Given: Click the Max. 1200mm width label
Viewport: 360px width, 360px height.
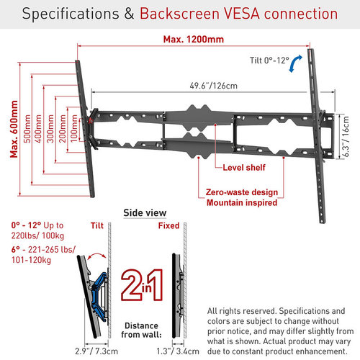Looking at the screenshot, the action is [194, 40].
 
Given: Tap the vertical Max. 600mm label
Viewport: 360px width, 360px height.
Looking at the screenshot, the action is [14, 129].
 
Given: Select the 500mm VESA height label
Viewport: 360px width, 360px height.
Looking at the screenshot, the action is [27, 129].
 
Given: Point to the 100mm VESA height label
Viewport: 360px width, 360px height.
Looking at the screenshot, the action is [74, 129].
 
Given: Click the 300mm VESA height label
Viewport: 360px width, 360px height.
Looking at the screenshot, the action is [50, 129].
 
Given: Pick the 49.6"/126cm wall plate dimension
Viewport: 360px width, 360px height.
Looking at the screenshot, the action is [213, 86].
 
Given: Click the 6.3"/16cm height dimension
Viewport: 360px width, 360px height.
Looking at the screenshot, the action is [346, 136].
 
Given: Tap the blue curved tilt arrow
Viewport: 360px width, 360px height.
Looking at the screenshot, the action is [295, 63].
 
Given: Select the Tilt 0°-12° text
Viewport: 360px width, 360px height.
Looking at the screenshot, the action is [269, 60].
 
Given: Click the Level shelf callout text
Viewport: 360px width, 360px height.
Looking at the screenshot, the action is [244, 167].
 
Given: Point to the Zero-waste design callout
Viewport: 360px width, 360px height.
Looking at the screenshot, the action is [242, 192].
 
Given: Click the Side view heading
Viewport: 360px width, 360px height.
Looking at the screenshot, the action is [145, 213].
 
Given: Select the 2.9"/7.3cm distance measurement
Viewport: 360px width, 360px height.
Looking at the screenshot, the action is [96, 351].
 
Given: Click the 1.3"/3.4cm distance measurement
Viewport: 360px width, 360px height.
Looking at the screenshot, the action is [178, 351].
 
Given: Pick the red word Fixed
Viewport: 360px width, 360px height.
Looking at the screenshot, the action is [168, 225].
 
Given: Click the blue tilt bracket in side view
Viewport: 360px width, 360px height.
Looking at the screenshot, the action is [98, 297].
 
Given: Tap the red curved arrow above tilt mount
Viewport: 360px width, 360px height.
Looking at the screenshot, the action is [96, 254].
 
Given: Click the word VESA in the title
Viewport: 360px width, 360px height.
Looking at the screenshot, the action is [242, 14].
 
